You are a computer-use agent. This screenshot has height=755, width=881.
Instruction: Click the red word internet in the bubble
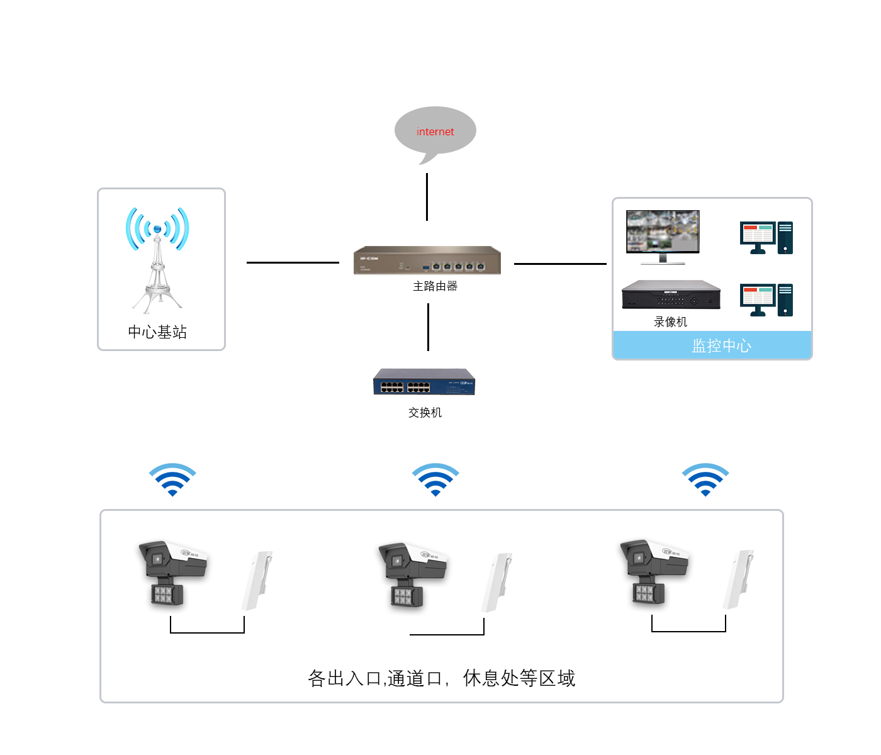click(435, 131)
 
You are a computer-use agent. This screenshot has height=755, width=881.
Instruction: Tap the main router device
click(427, 260)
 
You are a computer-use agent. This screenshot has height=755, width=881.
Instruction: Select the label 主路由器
click(435, 286)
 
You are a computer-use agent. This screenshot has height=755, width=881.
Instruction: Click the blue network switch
click(424, 382)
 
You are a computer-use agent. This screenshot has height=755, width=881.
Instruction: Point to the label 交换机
click(425, 413)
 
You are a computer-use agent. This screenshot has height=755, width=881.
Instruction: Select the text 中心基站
click(157, 332)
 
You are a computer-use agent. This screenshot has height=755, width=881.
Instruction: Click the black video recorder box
click(671, 295)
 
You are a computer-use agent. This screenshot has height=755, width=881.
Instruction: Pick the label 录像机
click(670, 322)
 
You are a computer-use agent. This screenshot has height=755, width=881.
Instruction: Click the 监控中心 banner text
click(721, 345)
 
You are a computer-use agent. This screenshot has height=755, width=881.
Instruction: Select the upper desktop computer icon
click(766, 237)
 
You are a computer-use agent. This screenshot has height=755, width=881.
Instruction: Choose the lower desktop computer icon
click(766, 300)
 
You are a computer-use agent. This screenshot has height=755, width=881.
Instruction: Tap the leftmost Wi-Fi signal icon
click(172, 480)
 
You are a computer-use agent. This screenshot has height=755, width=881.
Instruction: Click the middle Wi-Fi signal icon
click(435, 480)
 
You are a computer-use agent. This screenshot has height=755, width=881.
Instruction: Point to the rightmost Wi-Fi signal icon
click(705, 480)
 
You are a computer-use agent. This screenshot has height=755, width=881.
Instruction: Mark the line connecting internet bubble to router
click(427, 197)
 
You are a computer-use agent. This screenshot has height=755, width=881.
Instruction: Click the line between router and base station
click(293, 262)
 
